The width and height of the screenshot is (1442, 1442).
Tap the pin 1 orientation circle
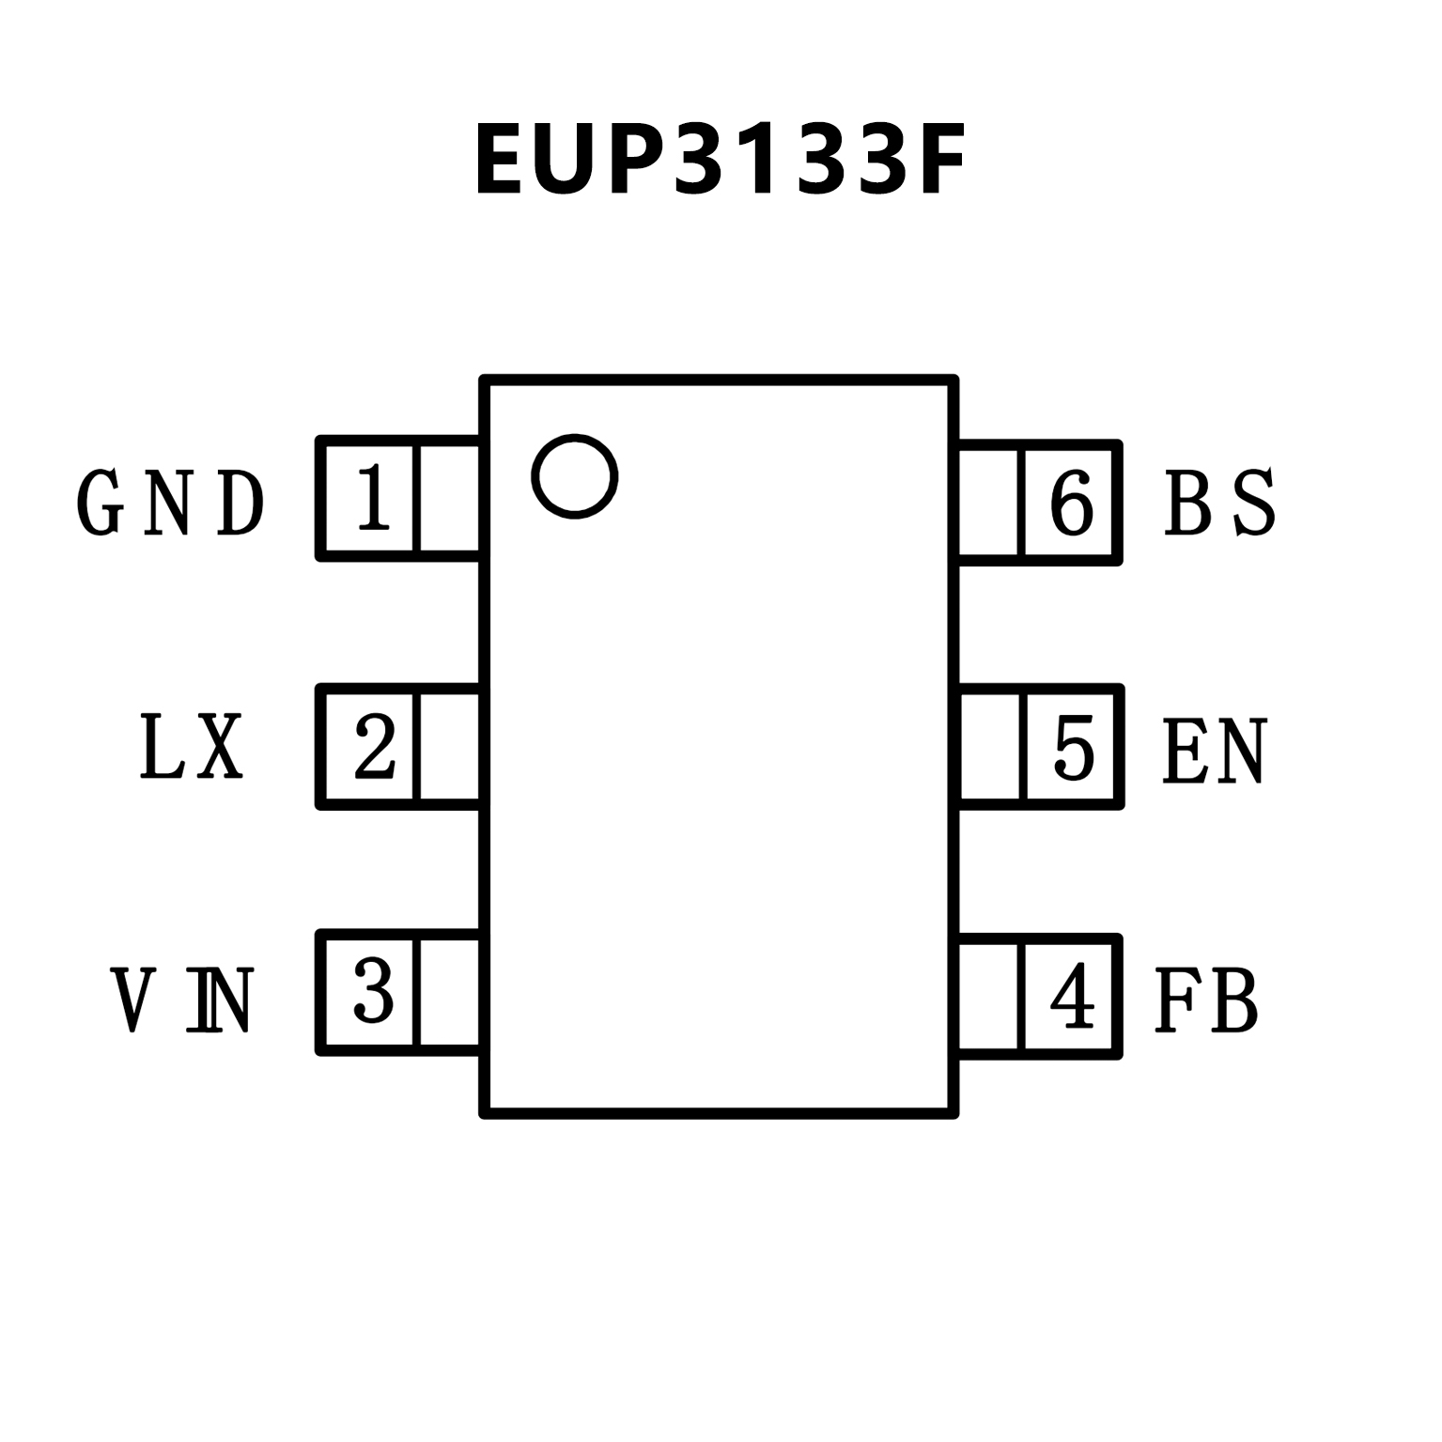pos(574,476)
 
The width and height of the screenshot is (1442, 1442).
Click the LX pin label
pos(192,748)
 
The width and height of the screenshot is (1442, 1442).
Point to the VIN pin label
pos(182,1000)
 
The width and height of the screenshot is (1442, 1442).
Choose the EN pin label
pos(1215,752)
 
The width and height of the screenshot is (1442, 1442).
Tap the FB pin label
pos(1206,1000)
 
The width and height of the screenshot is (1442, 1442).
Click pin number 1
pos(373,499)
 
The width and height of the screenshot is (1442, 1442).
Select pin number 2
pos(374,747)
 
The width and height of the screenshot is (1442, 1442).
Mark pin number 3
pos(373,992)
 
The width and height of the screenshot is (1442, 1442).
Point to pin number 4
pos(1072,996)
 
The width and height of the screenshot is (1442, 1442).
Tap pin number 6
pos(1072,503)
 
